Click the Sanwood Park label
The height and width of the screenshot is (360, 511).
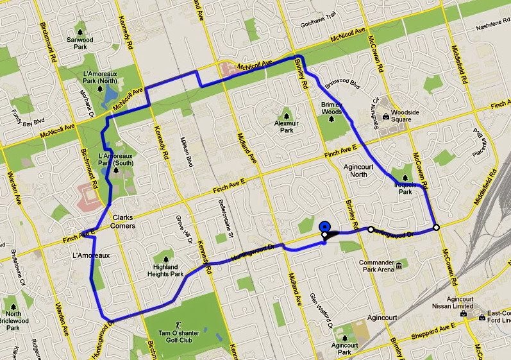tap(80, 42)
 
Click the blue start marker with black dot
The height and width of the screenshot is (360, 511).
tap(325, 227)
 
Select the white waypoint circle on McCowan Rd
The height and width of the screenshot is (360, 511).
tap(436, 227)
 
